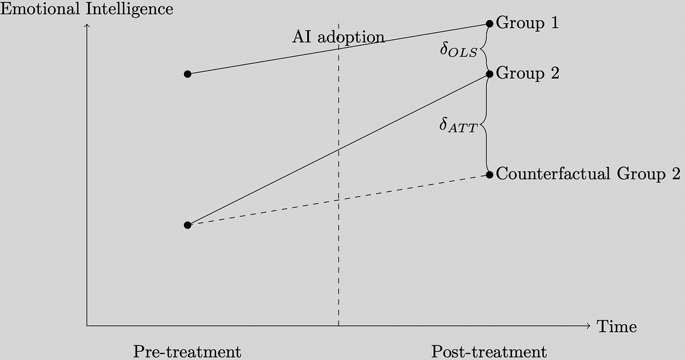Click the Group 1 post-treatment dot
click(x=490, y=24)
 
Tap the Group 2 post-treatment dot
click(x=490, y=74)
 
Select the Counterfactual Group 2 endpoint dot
click(x=490, y=175)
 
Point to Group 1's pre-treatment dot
click(x=188, y=74)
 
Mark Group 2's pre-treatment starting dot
click(x=188, y=225)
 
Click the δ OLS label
click(x=459, y=50)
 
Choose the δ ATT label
click(x=458, y=126)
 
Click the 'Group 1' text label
click(x=528, y=23)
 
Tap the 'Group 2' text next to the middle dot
click(x=528, y=73)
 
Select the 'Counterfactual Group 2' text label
click(x=588, y=174)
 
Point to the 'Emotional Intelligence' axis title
click(x=87, y=9)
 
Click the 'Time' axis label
click(x=617, y=327)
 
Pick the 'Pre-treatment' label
click(x=187, y=352)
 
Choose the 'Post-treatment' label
click(x=489, y=352)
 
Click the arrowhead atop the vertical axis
click(x=87, y=24)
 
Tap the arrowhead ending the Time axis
click(x=590, y=326)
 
